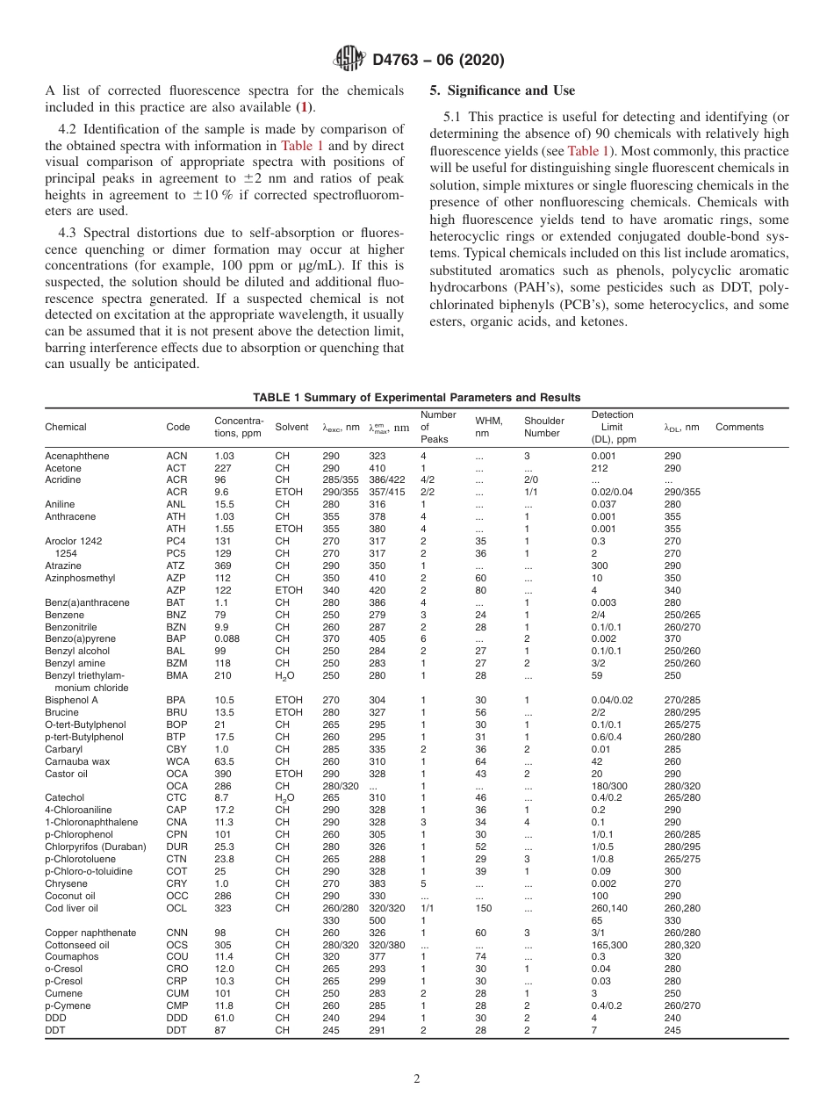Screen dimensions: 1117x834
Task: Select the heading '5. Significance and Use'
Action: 502,90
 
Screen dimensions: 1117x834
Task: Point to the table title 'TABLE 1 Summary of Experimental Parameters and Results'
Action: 416,397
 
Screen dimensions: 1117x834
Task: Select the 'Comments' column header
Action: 739,428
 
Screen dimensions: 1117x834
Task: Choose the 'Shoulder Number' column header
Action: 543,427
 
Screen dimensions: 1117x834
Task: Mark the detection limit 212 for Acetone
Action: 600,468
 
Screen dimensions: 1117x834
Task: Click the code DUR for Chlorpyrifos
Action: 176,847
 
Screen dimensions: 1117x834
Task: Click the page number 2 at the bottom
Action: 416,1079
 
